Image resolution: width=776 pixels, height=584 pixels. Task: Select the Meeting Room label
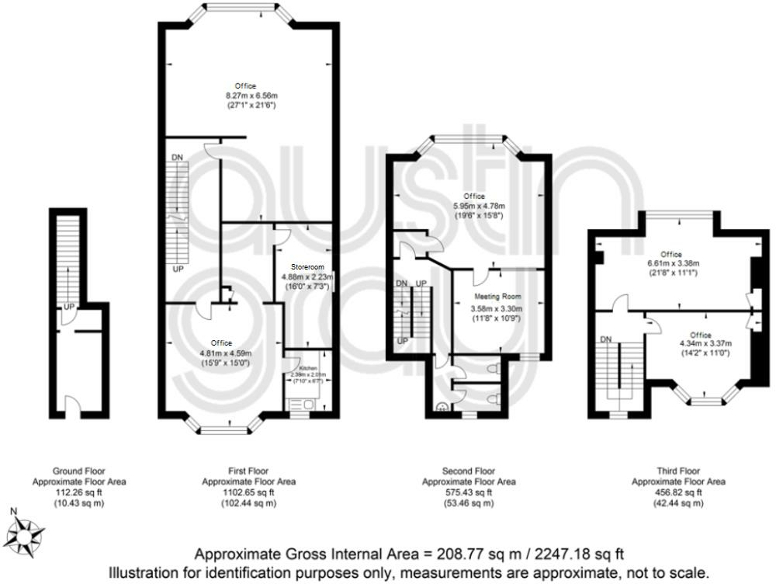(497, 297)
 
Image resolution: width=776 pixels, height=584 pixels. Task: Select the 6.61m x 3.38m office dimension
(671, 263)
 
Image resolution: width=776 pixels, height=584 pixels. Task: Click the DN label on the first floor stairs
(178, 158)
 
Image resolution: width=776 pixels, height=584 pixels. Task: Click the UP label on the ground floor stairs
(69, 306)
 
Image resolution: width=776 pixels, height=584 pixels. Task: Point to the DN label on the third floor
(607, 339)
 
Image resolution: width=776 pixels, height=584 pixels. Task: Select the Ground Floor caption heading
(78, 471)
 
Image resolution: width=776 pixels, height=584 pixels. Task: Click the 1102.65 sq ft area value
(251, 492)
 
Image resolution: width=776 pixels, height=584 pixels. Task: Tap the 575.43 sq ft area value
(469, 492)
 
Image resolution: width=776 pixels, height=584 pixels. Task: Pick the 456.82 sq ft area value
(678, 492)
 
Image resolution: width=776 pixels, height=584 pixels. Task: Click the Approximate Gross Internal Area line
(408, 554)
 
